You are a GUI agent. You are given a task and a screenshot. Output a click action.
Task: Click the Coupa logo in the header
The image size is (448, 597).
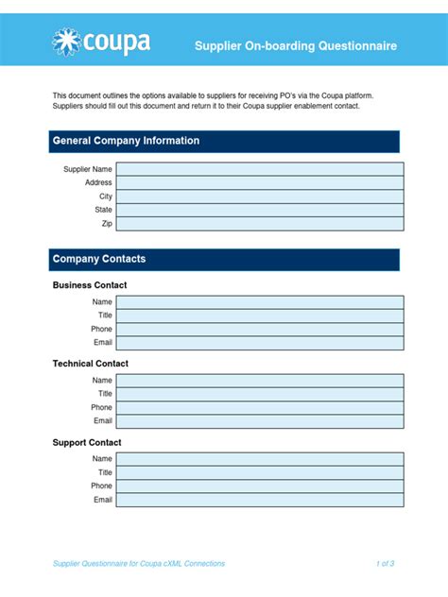click(101, 43)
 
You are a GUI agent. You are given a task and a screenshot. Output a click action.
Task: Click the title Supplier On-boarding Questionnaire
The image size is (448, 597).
click(296, 45)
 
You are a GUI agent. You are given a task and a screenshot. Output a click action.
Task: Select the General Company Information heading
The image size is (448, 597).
click(126, 141)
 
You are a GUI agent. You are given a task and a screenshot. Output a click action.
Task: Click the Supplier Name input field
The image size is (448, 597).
click(260, 169)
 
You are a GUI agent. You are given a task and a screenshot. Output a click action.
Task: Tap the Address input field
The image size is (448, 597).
click(260, 182)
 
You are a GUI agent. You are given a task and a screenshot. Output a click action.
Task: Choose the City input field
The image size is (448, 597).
click(260, 196)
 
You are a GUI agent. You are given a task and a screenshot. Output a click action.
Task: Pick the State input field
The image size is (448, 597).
click(260, 210)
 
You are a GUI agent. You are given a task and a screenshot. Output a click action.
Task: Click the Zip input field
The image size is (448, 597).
click(260, 224)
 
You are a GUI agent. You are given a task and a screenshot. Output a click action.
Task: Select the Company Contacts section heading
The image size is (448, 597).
click(99, 259)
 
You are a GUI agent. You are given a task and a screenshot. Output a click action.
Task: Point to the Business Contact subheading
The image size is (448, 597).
click(90, 285)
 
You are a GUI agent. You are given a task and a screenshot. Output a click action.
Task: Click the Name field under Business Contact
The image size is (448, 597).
click(260, 302)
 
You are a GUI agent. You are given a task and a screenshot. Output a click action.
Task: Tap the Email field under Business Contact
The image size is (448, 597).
click(260, 343)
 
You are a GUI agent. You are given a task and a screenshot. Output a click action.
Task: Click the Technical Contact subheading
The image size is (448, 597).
click(91, 364)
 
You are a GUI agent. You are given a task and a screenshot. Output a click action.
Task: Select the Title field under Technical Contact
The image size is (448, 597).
click(260, 394)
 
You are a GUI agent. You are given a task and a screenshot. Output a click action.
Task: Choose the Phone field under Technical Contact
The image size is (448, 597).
click(260, 408)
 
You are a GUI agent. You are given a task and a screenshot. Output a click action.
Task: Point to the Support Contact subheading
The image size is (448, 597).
click(87, 442)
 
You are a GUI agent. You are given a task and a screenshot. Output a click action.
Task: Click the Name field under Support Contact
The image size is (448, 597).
click(260, 459)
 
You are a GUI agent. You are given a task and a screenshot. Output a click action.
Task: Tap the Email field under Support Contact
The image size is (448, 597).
click(260, 500)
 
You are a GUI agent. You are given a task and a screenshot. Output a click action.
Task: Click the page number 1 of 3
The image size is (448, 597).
click(385, 564)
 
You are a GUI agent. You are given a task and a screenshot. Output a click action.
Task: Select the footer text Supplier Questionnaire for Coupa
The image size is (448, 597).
click(139, 564)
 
